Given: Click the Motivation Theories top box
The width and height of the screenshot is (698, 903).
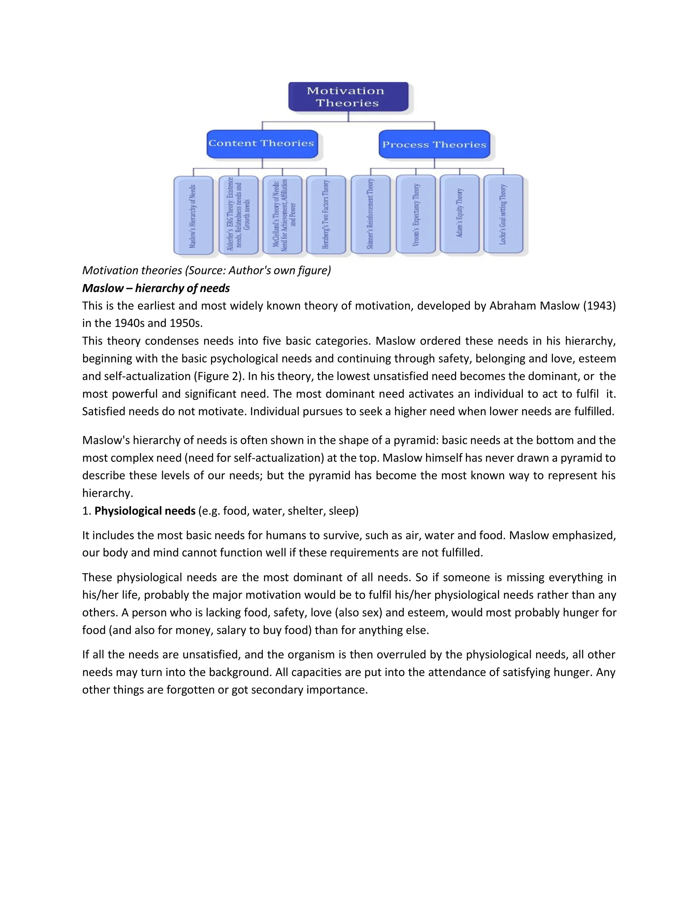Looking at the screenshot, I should [348, 97].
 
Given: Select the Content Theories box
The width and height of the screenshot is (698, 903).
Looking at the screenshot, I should [262, 144].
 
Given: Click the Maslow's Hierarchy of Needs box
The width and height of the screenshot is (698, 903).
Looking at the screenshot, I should [193, 215].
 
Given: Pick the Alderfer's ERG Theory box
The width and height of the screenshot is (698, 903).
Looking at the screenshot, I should [238, 215].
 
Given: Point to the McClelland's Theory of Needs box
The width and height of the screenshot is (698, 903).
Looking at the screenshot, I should [283, 215].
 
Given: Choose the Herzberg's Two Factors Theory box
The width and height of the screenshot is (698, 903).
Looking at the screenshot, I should [326, 215].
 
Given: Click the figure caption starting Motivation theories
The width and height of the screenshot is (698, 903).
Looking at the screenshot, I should [206, 271].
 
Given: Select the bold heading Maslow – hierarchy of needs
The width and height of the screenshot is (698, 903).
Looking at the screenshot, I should [156, 288].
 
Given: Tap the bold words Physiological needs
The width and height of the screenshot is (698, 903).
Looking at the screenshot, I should [145, 511].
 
